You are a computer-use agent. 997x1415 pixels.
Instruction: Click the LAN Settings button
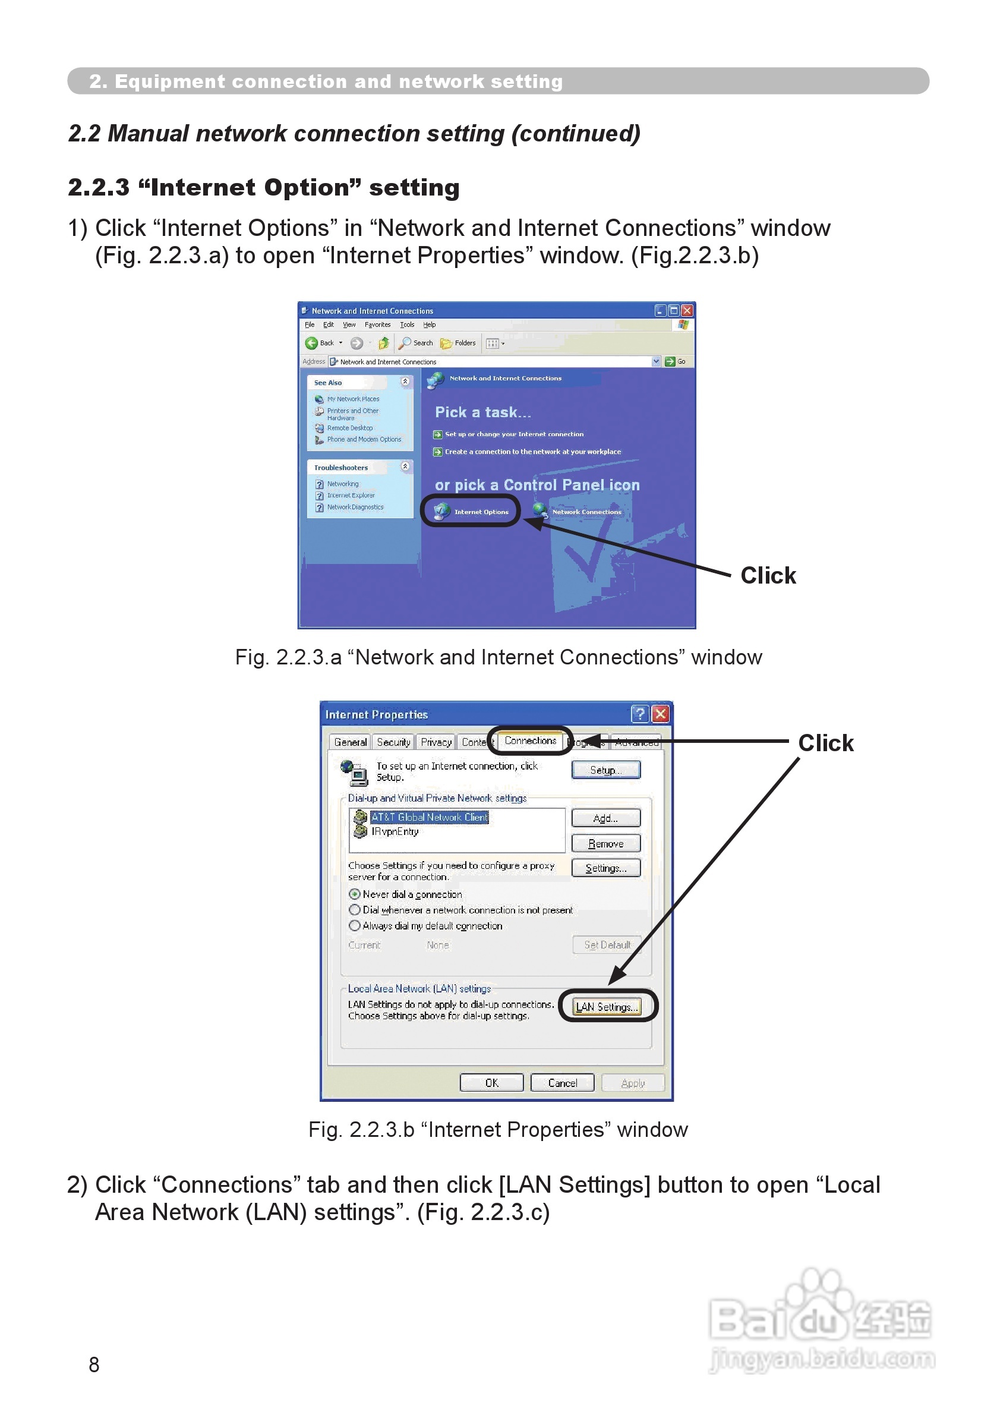(606, 1006)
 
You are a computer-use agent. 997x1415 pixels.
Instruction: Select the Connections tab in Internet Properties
(530, 740)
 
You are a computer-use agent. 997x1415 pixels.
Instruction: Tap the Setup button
(605, 770)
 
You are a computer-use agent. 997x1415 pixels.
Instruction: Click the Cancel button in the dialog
(562, 1083)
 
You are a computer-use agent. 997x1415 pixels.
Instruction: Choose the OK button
(491, 1083)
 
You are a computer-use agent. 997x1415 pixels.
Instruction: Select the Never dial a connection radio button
(354, 894)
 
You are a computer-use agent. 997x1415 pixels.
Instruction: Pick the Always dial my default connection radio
(354, 926)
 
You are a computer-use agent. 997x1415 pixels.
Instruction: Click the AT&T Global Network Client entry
(429, 817)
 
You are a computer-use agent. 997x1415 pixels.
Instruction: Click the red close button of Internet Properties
(660, 714)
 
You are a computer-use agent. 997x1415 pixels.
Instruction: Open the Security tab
(393, 743)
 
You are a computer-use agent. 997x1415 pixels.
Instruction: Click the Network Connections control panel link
(586, 512)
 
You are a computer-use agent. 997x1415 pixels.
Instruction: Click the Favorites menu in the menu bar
(377, 325)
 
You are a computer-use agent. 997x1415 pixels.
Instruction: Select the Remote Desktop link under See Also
(349, 428)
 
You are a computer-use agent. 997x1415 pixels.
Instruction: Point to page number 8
(94, 1365)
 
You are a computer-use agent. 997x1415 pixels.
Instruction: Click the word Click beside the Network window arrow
(768, 576)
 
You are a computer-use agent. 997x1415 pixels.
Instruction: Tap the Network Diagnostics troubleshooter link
(355, 507)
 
